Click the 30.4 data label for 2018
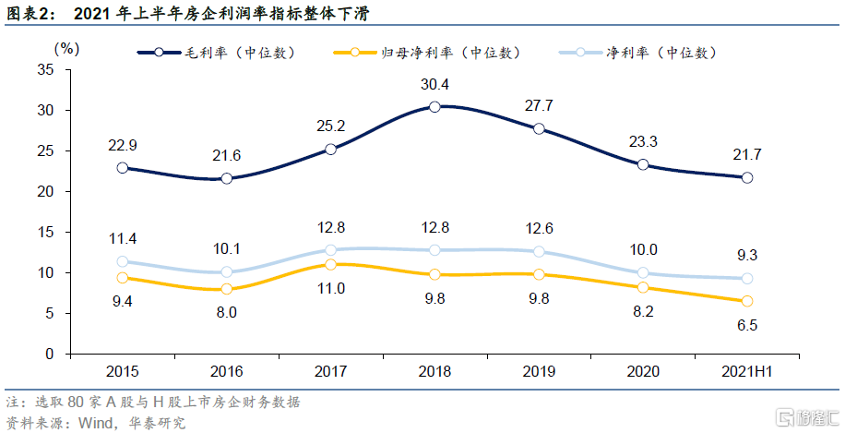(434, 84)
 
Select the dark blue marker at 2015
(122, 168)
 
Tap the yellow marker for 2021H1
(747, 301)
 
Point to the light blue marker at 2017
(330, 250)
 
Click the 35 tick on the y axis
(46, 69)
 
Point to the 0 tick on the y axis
(51, 354)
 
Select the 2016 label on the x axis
(226, 372)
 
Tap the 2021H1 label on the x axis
(747, 372)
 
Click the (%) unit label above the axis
(67, 47)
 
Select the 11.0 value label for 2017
(330, 289)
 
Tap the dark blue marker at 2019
(539, 129)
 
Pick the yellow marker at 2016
(226, 289)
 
